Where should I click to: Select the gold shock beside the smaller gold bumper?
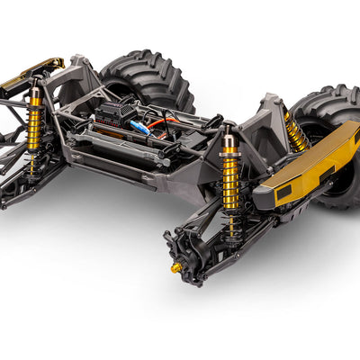pyautogui.click(x=35, y=122)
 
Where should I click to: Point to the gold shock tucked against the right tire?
pyautogui.click(x=295, y=132)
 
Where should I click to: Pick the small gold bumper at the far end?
pyautogui.click(x=31, y=73)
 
